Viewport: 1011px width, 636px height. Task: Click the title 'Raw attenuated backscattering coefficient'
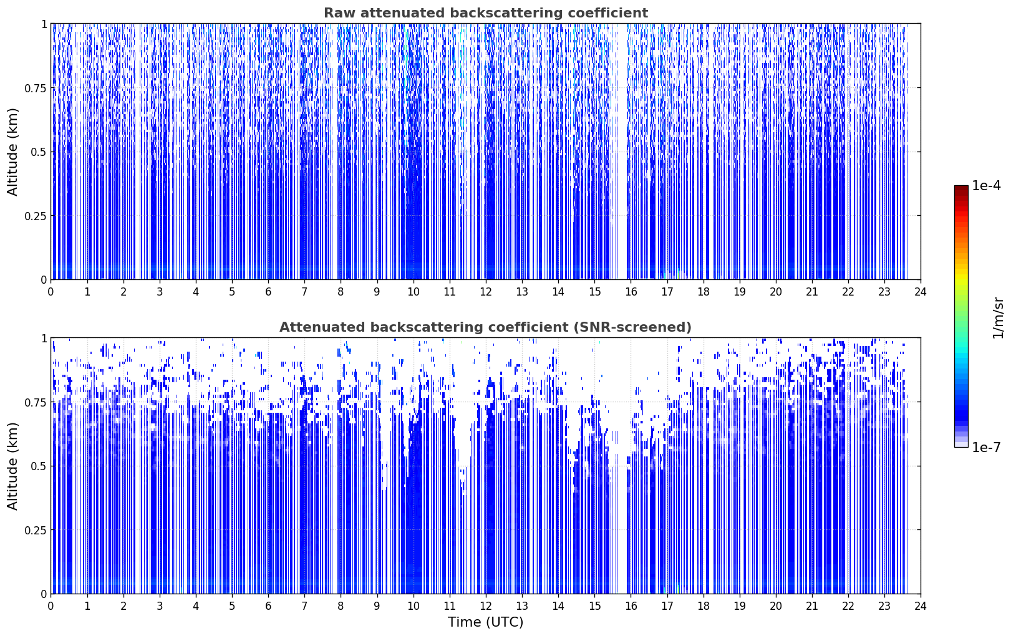[486, 12]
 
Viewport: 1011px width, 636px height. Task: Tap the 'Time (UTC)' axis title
[486, 622]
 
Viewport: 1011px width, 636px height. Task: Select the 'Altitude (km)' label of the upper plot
[12, 152]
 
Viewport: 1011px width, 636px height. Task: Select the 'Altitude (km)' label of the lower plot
[12, 466]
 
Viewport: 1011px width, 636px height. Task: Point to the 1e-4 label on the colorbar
[986, 185]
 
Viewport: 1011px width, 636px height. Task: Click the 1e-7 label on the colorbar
[986, 447]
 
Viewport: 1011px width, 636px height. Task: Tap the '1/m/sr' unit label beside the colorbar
[998, 317]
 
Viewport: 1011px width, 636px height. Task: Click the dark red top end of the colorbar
[961, 188]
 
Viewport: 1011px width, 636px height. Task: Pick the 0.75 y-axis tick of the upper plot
[35, 88]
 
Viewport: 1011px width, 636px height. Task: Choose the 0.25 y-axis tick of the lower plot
[35, 530]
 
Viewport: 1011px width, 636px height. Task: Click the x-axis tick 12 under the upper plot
[486, 292]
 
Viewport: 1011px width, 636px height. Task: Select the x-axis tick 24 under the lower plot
[921, 606]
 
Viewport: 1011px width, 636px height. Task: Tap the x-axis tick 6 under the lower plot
[268, 606]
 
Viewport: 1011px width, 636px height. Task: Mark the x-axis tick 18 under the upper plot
[703, 292]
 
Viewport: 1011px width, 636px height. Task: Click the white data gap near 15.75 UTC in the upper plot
[622, 152]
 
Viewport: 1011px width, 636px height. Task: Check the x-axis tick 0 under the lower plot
[51, 606]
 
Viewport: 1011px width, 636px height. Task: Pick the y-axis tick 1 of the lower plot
[44, 339]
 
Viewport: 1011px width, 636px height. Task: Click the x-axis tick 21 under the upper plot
[812, 292]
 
